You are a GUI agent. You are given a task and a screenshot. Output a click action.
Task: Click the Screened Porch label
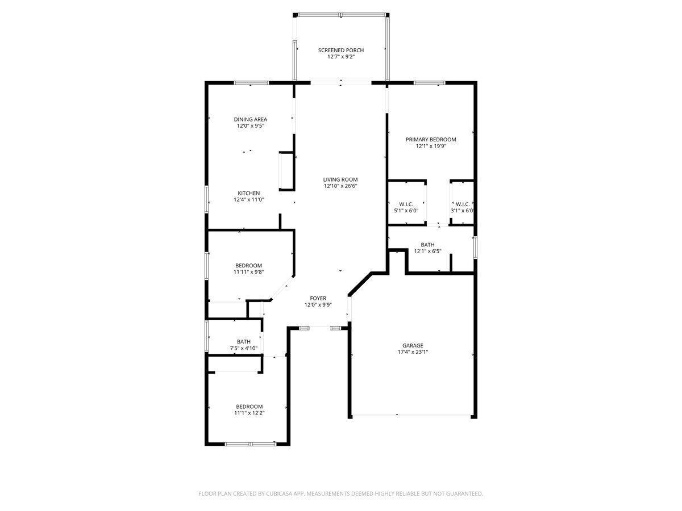click(340, 50)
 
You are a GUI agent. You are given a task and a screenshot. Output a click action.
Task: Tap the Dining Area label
click(250, 119)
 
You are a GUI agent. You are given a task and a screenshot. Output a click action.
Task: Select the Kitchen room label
click(249, 193)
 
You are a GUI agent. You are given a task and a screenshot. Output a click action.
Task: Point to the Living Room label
click(340, 179)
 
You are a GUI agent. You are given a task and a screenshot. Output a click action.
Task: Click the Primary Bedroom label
click(430, 139)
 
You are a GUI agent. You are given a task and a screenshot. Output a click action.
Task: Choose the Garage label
click(413, 345)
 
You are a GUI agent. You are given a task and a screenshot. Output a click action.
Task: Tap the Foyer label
click(318, 298)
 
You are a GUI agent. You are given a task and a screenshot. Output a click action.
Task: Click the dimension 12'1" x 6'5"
click(427, 251)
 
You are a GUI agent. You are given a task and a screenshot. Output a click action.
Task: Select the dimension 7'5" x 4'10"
click(243, 348)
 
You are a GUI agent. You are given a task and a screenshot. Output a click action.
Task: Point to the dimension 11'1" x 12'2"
click(249, 413)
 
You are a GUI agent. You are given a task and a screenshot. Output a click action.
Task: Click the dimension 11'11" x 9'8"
click(248, 272)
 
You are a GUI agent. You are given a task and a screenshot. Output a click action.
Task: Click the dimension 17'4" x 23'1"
click(413, 351)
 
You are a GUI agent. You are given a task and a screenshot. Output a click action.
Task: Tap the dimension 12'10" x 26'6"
click(340, 186)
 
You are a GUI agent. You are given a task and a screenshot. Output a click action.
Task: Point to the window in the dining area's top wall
click(251, 83)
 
